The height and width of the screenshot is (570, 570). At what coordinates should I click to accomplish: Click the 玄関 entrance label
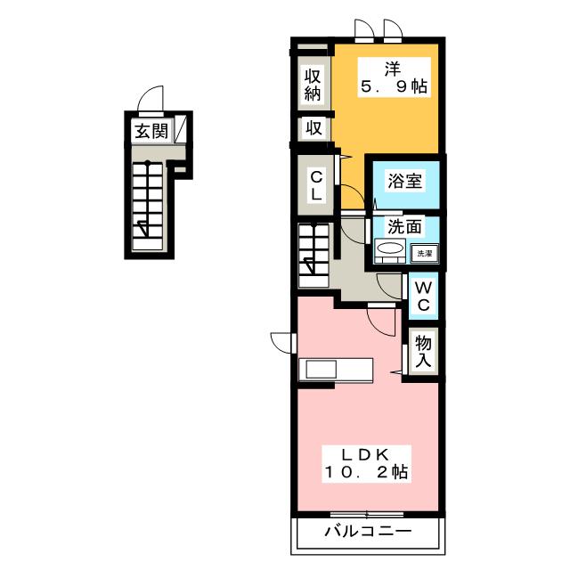151,131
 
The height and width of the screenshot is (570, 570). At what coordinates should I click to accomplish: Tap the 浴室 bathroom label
404,181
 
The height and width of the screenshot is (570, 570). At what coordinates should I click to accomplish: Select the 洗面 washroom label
404,227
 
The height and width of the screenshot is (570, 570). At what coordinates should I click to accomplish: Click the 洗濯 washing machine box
424,253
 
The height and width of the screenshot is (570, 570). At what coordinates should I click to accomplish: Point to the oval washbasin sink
390,248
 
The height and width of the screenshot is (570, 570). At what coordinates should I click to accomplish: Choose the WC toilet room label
424,297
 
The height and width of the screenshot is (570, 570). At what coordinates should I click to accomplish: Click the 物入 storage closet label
423,351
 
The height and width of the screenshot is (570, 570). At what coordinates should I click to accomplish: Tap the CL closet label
316,186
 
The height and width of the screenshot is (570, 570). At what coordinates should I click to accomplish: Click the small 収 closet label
313,128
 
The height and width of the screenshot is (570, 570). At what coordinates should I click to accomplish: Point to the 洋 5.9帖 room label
394,77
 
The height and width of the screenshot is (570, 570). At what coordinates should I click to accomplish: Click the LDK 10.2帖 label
366,463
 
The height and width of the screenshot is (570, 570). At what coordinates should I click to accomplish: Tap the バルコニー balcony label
368,532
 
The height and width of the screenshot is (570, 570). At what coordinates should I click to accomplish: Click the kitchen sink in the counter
321,370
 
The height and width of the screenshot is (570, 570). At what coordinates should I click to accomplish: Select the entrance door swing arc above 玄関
151,98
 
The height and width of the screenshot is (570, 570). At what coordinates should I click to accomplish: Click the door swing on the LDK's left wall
281,342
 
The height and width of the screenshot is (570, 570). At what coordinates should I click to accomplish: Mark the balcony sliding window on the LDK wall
367,515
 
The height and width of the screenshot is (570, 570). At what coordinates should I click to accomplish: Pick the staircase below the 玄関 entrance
148,207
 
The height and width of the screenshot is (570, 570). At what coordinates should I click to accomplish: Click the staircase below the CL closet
313,256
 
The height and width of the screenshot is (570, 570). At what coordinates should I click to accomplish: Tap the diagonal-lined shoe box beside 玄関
180,129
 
